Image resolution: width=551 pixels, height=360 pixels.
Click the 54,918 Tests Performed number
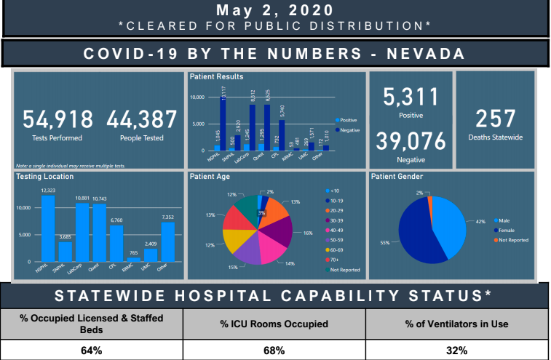(58, 120)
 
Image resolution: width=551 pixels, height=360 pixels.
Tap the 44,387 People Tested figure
(142, 120)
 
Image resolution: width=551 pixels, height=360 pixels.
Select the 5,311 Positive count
(411, 97)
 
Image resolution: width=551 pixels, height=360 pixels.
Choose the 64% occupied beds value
(91, 350)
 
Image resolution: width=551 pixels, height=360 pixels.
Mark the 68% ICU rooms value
(274, 350)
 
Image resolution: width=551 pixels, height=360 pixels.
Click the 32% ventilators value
(457, 350)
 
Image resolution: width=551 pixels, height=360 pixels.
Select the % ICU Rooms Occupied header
(274, 324)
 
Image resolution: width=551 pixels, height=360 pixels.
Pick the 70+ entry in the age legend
(337, 259)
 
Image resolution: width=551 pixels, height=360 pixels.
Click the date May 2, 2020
(275, 12)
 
